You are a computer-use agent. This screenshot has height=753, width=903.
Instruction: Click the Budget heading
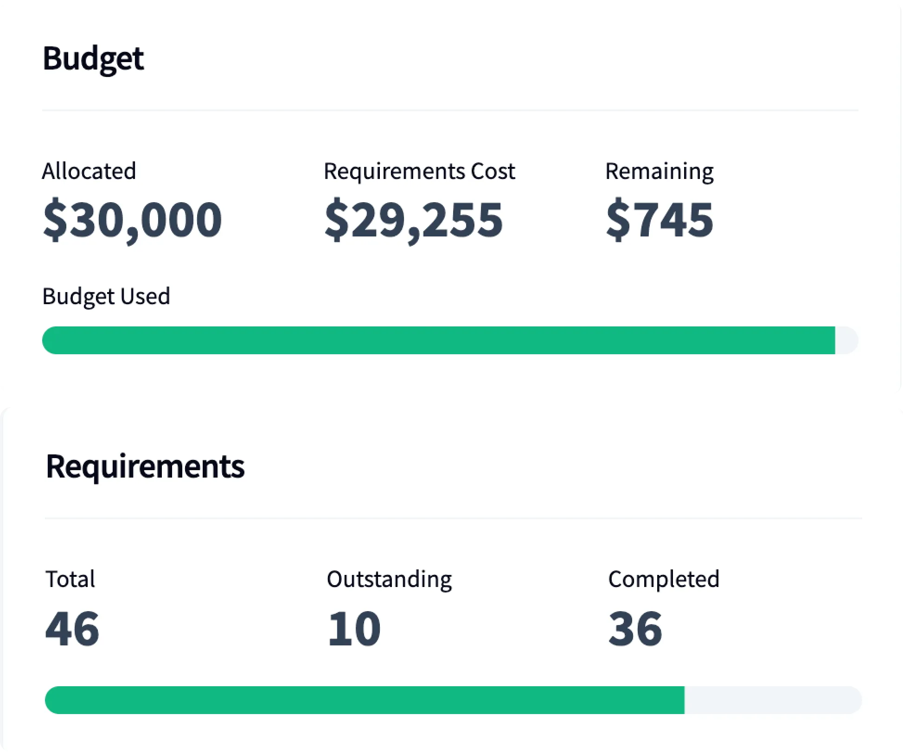(93, 59)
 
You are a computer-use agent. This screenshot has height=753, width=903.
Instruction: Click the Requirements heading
(145, 466)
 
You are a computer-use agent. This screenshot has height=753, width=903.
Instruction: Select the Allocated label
(89, 171)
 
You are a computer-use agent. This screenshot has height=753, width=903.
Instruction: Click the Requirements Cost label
(419, 171)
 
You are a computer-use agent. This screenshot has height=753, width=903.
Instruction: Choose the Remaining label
(659, 172)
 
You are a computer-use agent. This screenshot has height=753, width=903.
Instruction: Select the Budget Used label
(106, 296)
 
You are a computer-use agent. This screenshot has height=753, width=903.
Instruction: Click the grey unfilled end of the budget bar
(846, 340)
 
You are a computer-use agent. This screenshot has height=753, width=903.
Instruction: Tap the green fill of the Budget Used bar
(438, 340)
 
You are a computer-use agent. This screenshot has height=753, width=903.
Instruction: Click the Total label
(70, 579)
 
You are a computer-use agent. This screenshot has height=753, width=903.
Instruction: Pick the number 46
(72, 629)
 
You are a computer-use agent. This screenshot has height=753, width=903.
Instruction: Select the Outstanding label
(389, 579)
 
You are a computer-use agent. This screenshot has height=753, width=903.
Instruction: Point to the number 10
(354, 629)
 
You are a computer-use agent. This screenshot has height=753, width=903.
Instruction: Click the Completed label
(663, 579)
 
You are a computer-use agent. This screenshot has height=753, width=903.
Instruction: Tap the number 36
(635, 629)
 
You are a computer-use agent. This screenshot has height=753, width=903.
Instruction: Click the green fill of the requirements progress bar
(364, 700)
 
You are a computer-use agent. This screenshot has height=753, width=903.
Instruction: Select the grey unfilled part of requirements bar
(772, 700)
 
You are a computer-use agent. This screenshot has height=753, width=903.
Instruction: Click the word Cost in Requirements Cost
(493, 171)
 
